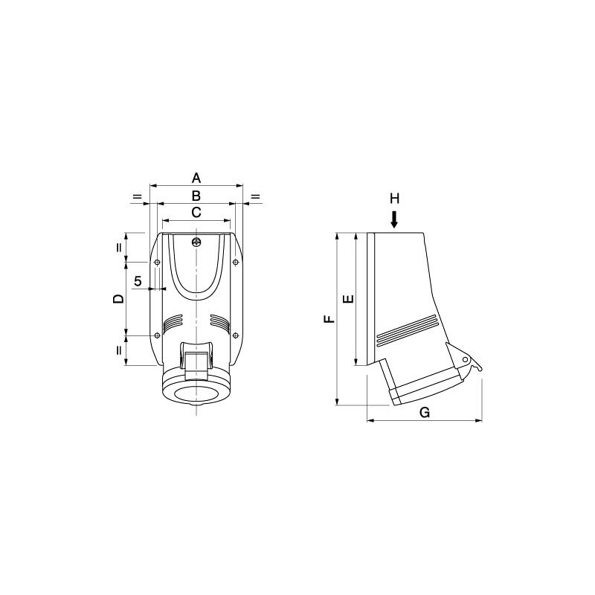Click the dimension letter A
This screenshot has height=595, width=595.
[196, 178]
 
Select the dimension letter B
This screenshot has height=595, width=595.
[196, 196]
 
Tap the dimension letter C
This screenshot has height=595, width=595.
[196, 213]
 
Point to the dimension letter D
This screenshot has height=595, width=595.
[119, 299]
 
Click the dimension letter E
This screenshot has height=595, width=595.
[348, 299]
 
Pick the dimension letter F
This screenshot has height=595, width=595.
[329, 319]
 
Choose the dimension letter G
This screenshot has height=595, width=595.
[425, 412]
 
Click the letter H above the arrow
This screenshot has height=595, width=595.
[395, 198]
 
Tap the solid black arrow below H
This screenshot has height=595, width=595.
[395, 219]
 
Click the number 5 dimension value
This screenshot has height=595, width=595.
[138, 281]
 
